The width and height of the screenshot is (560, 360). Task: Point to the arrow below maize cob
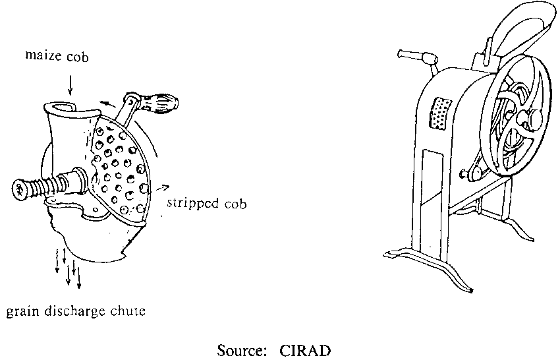pos(71,84)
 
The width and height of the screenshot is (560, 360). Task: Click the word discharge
pos(73,310)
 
